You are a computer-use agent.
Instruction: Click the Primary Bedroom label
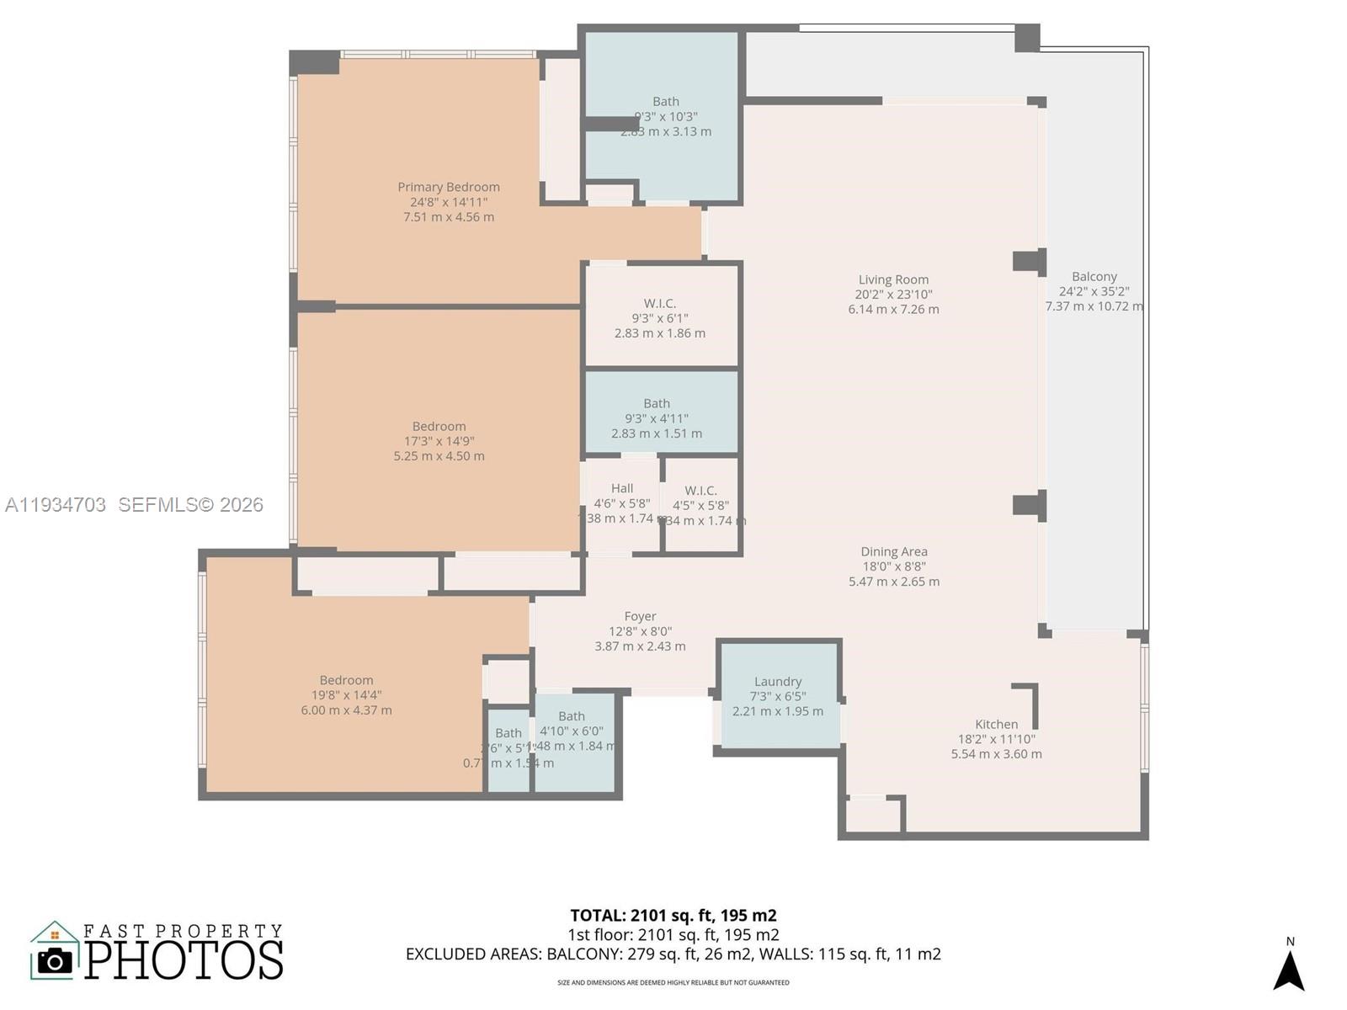click(449, 188)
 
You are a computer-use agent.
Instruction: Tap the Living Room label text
click(893, 280)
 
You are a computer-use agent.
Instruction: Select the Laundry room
click(778, 695)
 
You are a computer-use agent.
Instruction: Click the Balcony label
click(1094, 277)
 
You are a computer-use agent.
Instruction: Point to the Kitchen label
click(996, 725)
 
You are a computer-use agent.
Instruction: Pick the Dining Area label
click(894, 552)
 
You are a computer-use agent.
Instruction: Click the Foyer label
click(640, 617)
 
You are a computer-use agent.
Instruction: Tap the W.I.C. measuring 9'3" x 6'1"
click(660, 317)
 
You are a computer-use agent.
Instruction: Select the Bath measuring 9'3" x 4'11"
click(657, 417)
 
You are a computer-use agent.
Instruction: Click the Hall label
click(622, 489)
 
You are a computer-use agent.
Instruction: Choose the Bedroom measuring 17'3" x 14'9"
click(439, 440)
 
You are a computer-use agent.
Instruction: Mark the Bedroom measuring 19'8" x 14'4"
click(346, 694)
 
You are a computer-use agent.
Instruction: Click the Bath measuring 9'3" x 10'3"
click(665, 115)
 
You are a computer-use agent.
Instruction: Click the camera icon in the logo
click(56, 960)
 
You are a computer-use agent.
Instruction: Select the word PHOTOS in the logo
click(184, 960)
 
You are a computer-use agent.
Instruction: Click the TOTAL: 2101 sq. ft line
click(673, 916)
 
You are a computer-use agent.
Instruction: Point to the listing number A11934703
click(56, 505)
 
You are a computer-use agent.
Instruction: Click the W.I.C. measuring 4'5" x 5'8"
click(701, 505)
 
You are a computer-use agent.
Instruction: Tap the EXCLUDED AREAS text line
click(673, 954)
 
